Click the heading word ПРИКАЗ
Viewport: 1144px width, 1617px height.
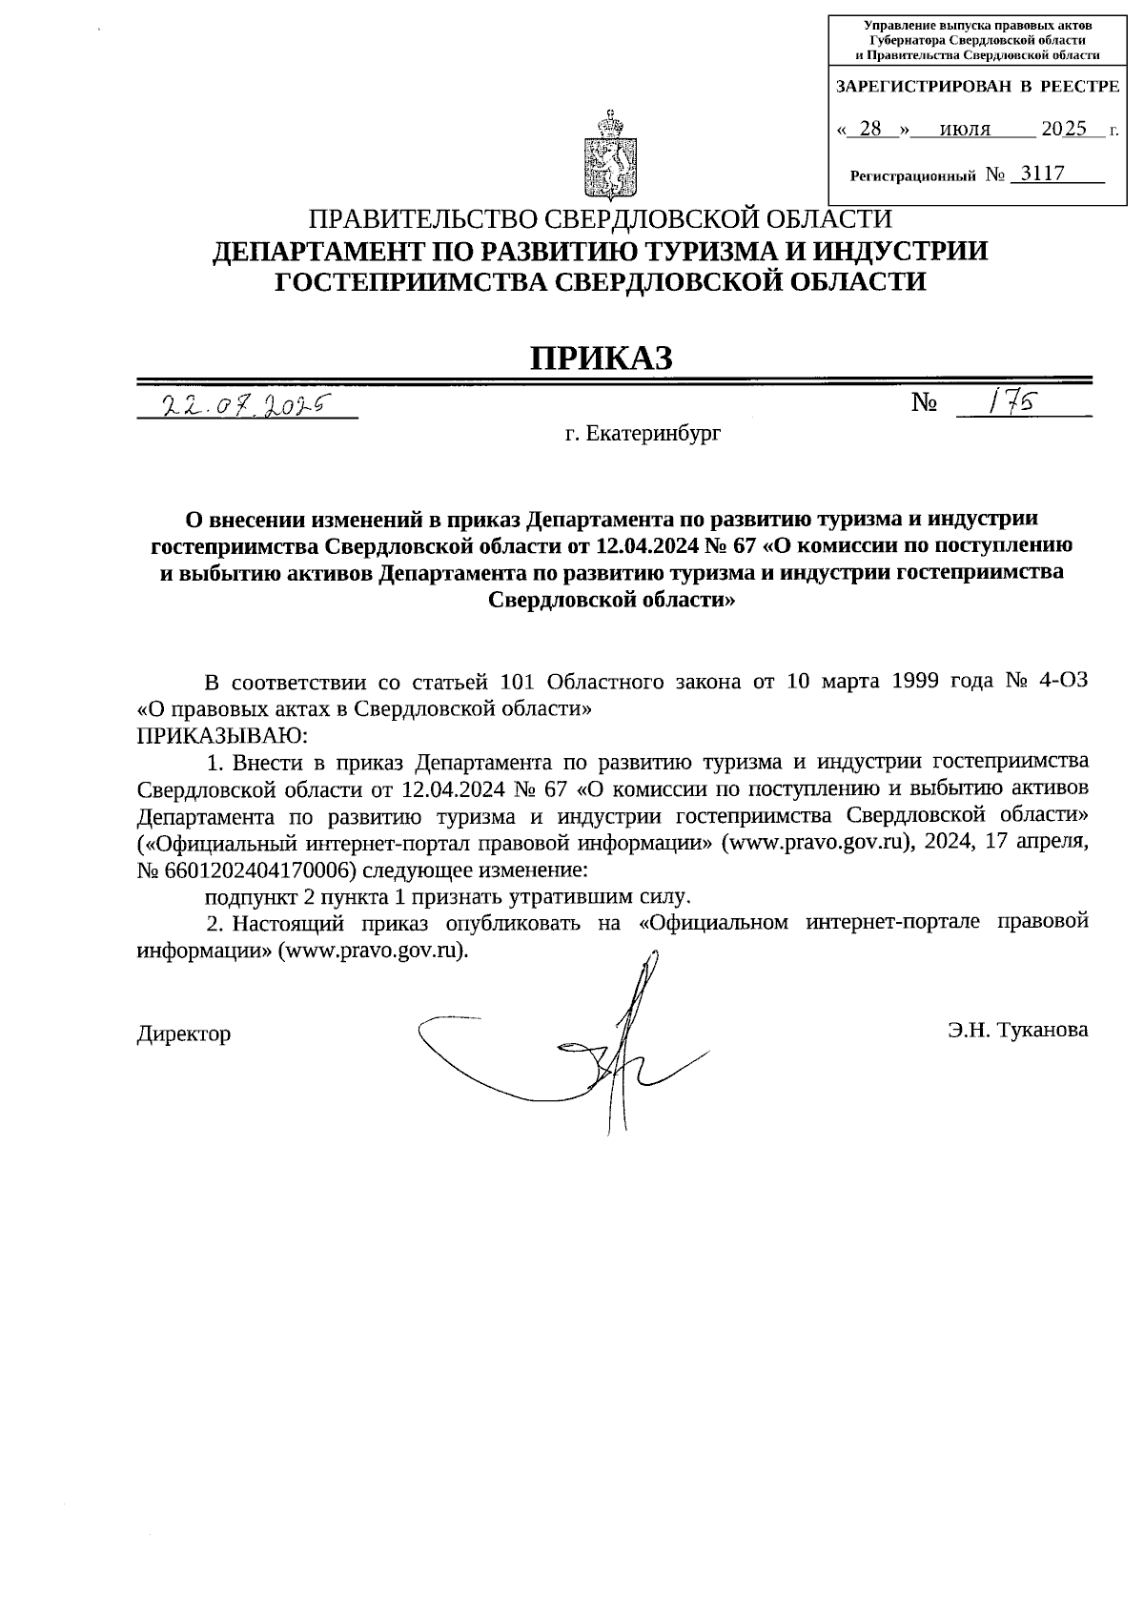pos(602,358)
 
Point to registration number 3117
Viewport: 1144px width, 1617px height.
pos(1042,174)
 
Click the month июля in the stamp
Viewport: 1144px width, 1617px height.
pos(965,129)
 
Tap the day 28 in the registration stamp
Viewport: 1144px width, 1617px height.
pos(869,129)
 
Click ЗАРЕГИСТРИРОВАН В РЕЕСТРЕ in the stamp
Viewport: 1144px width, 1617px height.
pos(976,87)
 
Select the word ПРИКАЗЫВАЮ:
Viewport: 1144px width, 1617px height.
pos(222,735)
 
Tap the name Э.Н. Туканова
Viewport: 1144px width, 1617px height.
pos(1017,1030)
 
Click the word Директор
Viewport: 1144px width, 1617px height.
pos(184,1034)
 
